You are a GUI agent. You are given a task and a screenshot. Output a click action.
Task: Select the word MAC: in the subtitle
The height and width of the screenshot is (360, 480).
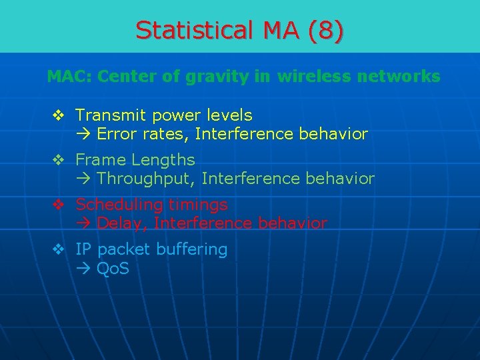pos(69,77)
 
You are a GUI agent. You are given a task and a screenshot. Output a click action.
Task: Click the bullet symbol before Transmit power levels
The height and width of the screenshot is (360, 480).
pos(59,115)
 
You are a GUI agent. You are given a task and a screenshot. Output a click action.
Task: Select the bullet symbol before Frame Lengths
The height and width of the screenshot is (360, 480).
pos(59,160)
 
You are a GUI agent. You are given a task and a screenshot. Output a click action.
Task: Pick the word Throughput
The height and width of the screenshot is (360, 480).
pos(146,179)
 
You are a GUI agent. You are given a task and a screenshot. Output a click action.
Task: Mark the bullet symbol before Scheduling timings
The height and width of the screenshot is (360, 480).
pos(59,205)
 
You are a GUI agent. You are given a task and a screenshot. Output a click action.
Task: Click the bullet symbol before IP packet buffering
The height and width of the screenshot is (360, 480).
pos(59,249)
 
